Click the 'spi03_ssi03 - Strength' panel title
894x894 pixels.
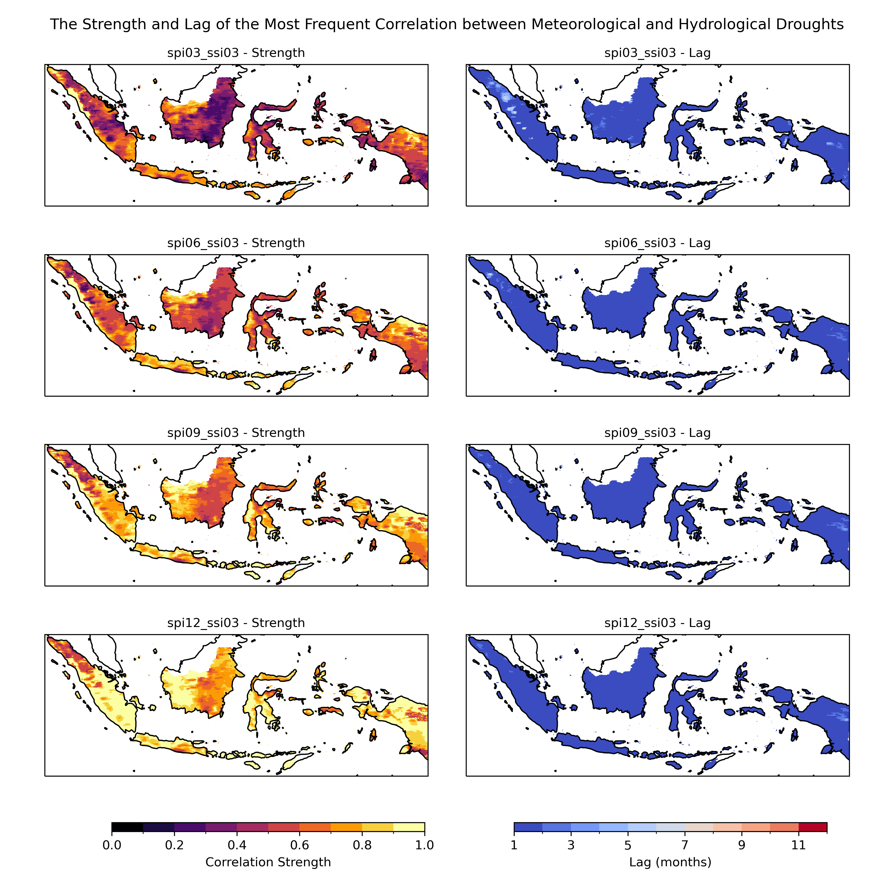point(236,53)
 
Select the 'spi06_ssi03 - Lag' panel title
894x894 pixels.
point(658,243)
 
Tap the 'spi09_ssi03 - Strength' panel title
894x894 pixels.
point(236,433)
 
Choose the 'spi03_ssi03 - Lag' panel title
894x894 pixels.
point(658,53)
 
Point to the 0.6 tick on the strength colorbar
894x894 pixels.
point(299,845)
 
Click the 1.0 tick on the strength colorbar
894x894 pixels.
point(424,845)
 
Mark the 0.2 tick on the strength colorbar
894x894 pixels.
point(174,845)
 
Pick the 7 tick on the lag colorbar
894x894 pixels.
point(685,845)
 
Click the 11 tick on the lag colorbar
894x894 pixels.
point(799,845)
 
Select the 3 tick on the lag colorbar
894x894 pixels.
point(571,845)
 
